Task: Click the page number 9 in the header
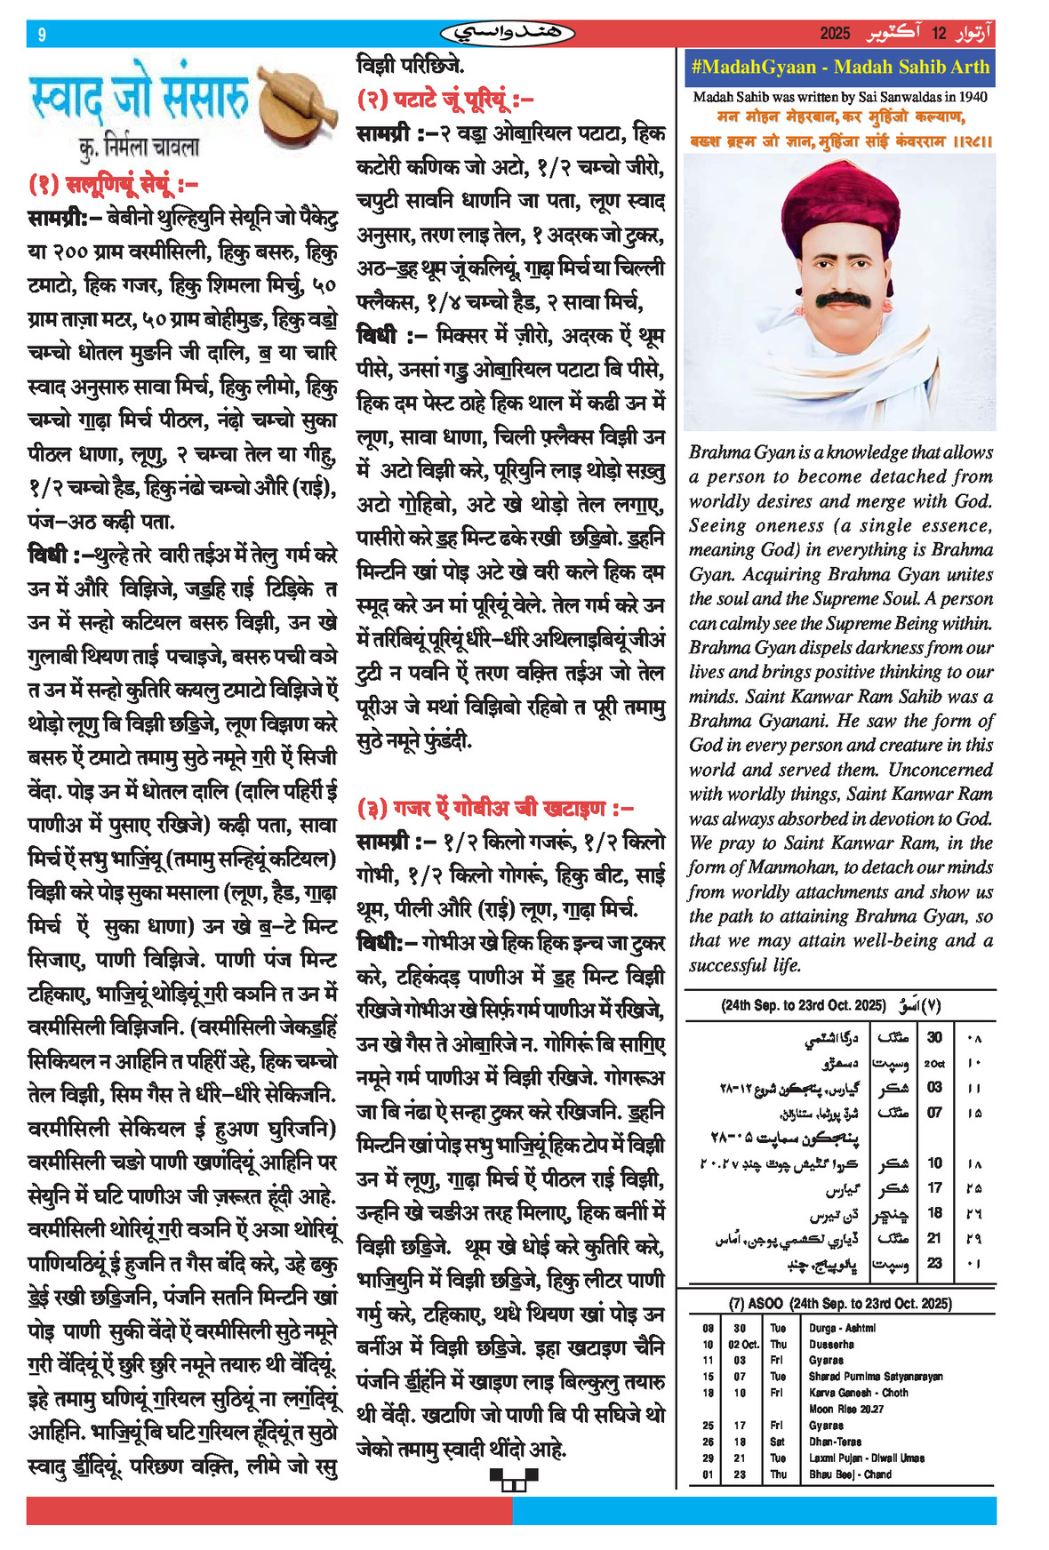42,35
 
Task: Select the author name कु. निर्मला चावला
139,147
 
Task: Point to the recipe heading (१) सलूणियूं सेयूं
113,184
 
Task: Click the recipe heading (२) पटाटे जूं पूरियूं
444,100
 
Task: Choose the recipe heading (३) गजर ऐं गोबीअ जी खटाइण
495,808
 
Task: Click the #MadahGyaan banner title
839,68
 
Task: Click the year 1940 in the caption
971,97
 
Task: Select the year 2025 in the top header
835,34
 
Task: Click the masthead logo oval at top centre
508,34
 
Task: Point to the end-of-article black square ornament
514,1479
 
